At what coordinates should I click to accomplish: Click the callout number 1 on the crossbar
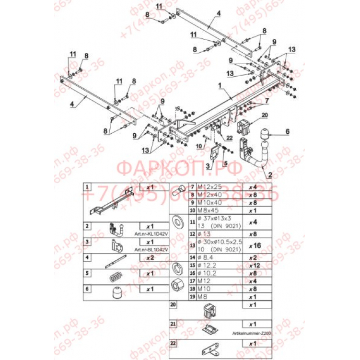click(x=220, y=85)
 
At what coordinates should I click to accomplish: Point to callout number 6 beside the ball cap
click(x=288, y=131)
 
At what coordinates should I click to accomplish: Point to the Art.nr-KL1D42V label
click(x=152, y=235)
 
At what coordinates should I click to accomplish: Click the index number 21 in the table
click(x=173, y=324)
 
